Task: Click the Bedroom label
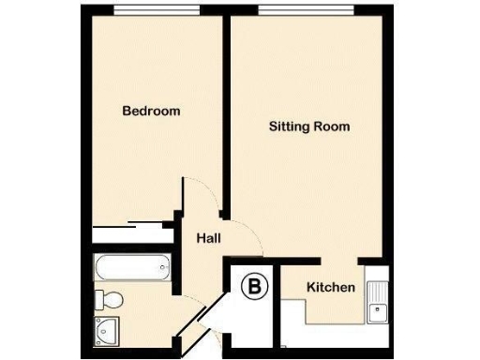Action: tap(151, 111)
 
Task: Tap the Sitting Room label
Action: tap(309, 126)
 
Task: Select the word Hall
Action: tap(208, 239)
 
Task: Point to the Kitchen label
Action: tap(331, 287)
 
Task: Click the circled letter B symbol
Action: tap(252, 287)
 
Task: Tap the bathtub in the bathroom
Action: tap(132, 268)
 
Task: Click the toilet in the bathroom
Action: tap(109, 299)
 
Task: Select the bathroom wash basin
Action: tap(104, 329)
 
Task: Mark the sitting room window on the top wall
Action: tap(306, 11)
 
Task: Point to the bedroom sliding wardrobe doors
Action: tap(131, 224)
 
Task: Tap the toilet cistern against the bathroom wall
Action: tap(98, 299)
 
